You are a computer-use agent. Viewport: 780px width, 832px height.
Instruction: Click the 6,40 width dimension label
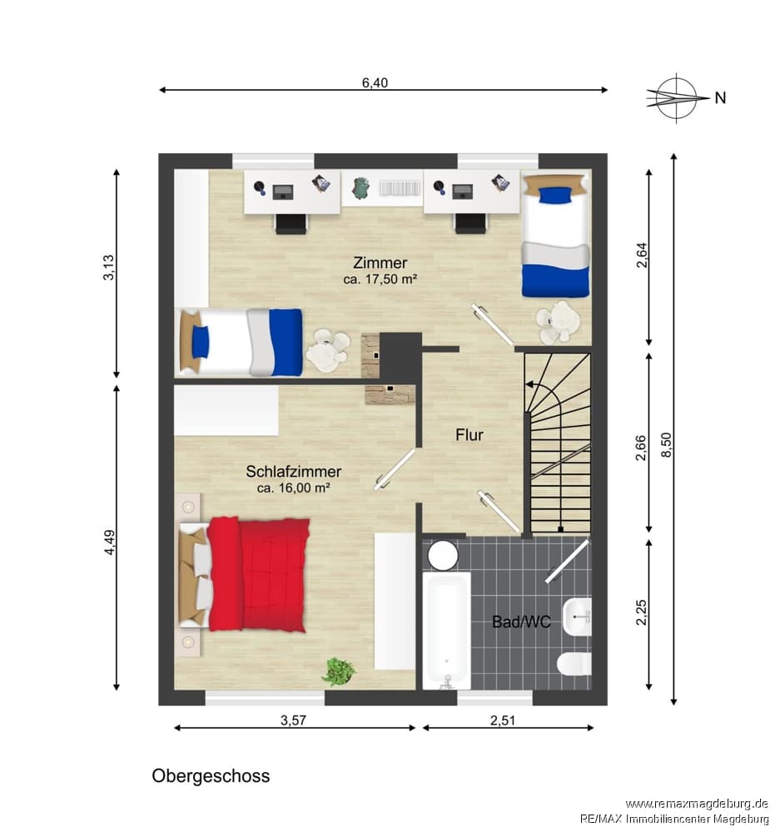click(375, 82)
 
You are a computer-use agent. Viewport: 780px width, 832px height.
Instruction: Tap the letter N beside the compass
click(720, 98)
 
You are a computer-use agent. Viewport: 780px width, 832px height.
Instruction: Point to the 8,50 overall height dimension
click(667, 444)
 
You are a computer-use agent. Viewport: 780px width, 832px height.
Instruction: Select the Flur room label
click(469, 435)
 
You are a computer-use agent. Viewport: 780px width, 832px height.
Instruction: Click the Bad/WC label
click(521, 622)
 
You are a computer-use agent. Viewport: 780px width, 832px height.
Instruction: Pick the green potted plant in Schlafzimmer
click(338, 671)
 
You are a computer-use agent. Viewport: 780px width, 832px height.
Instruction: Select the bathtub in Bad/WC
click(446, 631)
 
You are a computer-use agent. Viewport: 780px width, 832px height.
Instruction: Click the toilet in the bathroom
click(575, 664)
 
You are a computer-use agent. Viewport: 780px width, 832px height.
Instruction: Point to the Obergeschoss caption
click(211, 776)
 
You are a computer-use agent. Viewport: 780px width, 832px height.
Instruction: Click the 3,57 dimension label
click(294, 720)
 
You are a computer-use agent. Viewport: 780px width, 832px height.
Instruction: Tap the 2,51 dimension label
click(503, 720)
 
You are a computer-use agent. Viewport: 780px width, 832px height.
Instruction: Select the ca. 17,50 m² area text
click(380, 279)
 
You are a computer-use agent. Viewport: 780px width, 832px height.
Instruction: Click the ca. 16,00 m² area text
click(294, 488)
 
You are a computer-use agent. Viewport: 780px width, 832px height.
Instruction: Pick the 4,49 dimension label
click(109, 542)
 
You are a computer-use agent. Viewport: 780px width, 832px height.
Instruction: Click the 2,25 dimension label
click(642, 612)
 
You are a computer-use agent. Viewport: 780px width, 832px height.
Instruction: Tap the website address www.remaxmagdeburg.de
click(697, 804)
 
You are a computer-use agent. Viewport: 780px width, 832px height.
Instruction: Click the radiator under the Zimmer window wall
click(400, 188)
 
